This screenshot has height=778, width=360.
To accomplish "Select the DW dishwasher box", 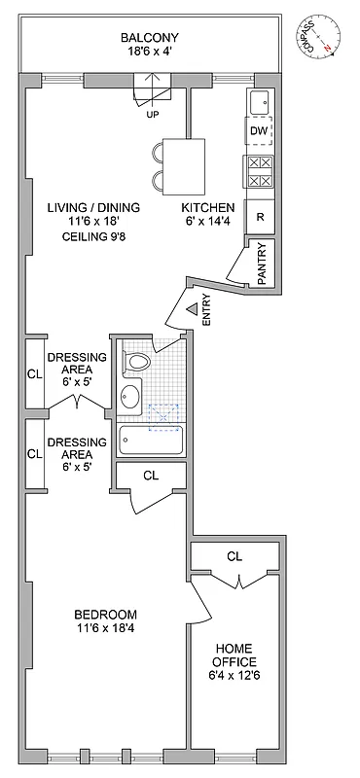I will (x=258, y=130).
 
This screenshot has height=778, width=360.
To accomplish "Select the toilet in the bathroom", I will (x=137, y=363).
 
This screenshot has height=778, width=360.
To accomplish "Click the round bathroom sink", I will (x=130, y=397).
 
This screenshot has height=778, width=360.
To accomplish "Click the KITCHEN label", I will (x=208, y=208).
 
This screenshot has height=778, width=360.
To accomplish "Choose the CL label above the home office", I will (x=234, y=557).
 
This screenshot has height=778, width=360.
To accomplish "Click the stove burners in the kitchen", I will (x=259, y=172).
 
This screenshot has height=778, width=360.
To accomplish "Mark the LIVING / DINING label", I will (x=93, y=208).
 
